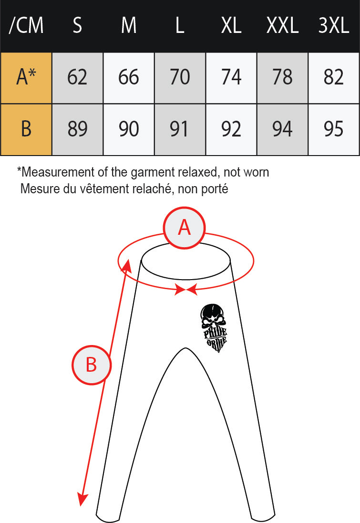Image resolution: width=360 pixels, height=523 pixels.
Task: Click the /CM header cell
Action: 26,25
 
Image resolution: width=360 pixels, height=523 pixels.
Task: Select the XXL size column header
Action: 282,25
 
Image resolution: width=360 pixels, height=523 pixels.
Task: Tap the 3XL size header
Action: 334,25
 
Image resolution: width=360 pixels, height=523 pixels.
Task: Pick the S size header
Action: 77,25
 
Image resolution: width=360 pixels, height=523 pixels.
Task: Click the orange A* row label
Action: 26,78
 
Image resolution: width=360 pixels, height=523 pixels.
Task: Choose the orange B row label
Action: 26,129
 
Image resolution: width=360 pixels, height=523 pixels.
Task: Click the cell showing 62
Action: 77,78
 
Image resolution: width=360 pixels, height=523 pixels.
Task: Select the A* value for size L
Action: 180,78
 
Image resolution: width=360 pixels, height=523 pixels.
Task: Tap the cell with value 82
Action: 334,78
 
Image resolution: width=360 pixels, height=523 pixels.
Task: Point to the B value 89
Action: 77,129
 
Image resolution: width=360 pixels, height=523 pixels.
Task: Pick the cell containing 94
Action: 282,129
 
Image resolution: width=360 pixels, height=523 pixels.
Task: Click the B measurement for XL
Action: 231,129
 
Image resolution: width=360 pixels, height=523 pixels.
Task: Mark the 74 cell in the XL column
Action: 231,78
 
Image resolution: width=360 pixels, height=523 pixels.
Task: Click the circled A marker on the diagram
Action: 185,228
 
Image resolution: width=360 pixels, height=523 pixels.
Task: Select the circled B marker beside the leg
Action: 92,365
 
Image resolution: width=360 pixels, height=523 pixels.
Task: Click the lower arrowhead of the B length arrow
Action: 82,499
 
